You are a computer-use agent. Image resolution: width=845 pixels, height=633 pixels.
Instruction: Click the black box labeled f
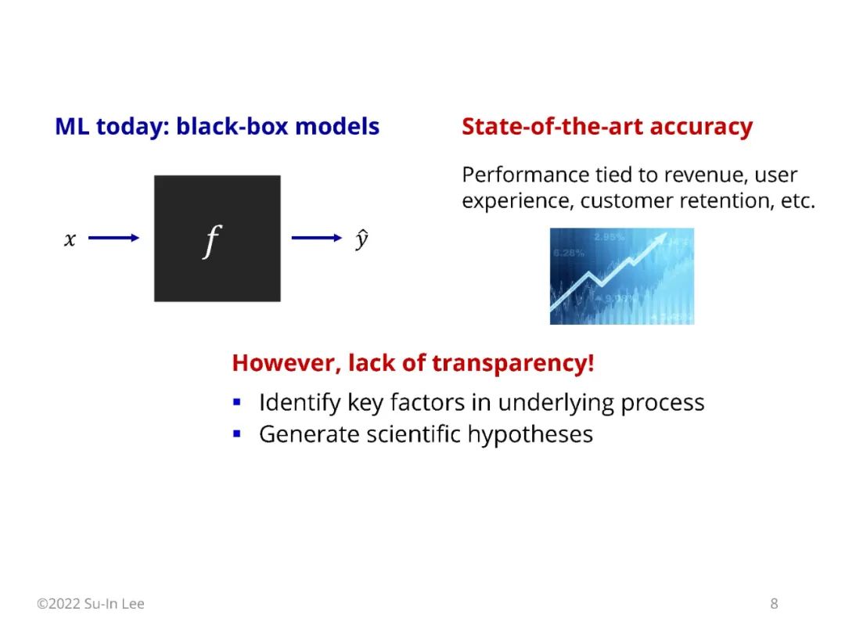click(218, 238)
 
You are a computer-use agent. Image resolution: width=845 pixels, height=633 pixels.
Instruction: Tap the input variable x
click(70, 239)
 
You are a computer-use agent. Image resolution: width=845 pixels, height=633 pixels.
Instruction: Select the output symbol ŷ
click(361, 239)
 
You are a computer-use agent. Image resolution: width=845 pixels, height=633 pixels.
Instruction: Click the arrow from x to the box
click(113, 238)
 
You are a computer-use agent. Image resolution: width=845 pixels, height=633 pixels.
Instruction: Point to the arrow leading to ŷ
click(317, 238)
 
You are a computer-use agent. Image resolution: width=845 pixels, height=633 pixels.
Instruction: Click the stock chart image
click(622, 276)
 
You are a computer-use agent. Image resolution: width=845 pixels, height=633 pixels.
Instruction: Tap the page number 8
click(774, 603)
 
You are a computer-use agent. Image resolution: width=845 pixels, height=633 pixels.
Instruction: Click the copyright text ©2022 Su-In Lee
click(91, 603)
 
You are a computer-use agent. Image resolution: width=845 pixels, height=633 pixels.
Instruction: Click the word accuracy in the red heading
click(701, 128)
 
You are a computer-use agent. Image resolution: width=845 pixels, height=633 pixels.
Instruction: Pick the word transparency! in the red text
click(513, 364)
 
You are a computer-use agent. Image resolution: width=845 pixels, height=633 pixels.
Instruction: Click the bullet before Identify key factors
click(236, 402)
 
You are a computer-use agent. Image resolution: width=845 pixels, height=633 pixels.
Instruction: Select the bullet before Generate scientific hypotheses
click(236, 433)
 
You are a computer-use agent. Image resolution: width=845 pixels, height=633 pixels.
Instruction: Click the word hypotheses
click(530, 435)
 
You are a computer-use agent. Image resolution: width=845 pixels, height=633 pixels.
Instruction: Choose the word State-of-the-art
click(553, 127)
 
